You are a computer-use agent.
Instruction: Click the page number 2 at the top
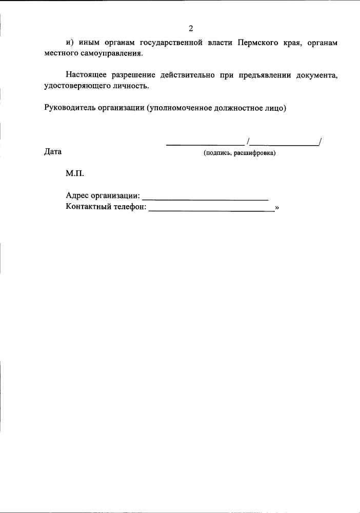[x=191, y=28]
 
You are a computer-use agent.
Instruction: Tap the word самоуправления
[x=114, y=53]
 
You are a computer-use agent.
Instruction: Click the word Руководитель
[x=68, y=108]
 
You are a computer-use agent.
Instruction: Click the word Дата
[x=53, y=152]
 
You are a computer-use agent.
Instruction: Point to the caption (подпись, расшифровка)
[x=239, y=153]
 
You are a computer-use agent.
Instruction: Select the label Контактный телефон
[x=106, y=207]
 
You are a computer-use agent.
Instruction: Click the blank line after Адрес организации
[x=205, y=199]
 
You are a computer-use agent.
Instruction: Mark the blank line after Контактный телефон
[x=211, y=210]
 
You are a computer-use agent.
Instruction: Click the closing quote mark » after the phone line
[x=277, y=207]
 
